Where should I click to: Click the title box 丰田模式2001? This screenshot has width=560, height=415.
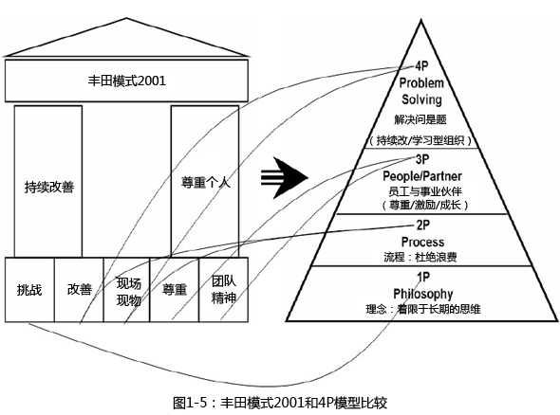(x=126, y=81)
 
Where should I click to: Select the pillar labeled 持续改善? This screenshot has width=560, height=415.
(x=48, y=181)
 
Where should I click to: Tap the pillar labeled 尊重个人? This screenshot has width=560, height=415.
(x=205, y=181)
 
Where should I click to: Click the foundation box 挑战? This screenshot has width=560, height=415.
(x=29, y=290)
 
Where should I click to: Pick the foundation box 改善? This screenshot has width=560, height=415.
(x=79, y=290)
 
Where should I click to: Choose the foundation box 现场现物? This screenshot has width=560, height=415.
(x=127, y=290)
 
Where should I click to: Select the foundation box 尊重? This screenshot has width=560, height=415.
(x=175, y=290)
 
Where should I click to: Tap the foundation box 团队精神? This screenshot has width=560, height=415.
(x=224, y=290)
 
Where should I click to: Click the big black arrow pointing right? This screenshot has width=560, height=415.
(x=285, y=177)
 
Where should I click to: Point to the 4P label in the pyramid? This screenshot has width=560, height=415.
(x=421, y=66)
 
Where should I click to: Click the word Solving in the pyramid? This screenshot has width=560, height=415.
(x=421, y=99)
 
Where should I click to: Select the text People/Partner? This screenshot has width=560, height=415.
(x=422, y=176)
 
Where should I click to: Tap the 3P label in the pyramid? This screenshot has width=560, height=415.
(x=422, y=159)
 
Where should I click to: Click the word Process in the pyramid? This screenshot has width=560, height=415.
(x=423, y=242)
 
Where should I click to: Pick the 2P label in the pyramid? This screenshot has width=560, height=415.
(x=423, y=225)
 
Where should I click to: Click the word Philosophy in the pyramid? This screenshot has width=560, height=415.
(x=423, y=294)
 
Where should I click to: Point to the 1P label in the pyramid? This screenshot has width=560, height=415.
(x=423, y=277)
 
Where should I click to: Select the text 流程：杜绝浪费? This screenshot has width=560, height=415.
(x=420, y=257)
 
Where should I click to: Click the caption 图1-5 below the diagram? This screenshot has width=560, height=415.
(x=190, y=403)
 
